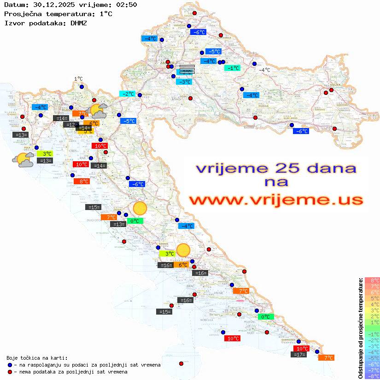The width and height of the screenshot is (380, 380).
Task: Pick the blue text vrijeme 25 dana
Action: click(x=276, y=168)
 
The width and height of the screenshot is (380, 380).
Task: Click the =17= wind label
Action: click(x=299, y=355)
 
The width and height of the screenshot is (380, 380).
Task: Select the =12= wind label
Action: click(x=71, y=125)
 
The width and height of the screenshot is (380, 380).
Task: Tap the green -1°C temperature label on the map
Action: click(x=232, y=68)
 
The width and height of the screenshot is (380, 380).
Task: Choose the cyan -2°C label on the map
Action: click(x=127, y=94)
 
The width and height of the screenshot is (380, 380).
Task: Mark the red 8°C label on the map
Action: click(x=82, y=181)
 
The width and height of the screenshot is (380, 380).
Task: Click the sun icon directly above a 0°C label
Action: click(x=140, y=209)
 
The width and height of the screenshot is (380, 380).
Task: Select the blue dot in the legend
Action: click(x=10, y=365)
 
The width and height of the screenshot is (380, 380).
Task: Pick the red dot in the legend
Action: click(x=10, y=372)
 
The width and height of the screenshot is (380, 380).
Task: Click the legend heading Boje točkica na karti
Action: click(x=37, y=358)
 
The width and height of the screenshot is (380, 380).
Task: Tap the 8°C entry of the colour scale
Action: click(x=372, y=280)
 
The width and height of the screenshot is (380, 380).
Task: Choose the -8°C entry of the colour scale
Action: click(x=372, y=376)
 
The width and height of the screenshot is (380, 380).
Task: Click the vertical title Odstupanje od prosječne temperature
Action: click(x=360, y=327)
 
